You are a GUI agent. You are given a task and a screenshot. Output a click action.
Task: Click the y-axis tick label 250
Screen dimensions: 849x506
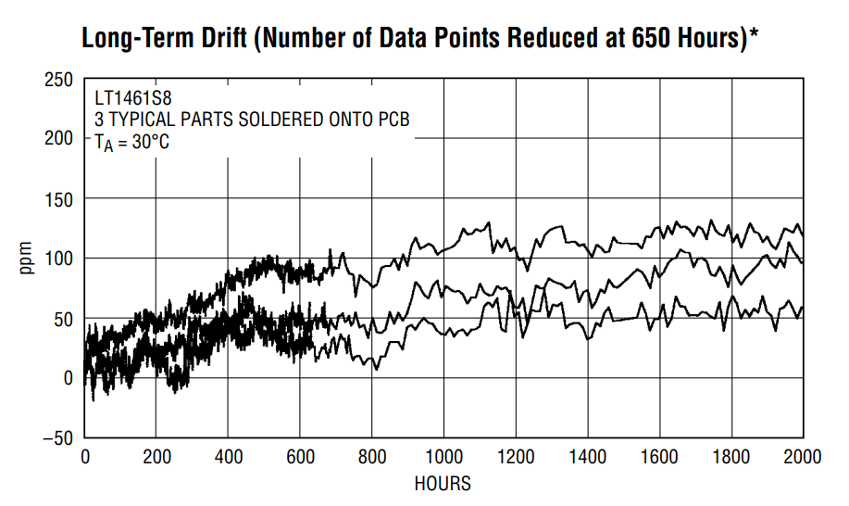click(58, 80)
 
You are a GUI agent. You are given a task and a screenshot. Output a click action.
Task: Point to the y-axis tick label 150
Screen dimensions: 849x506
click(58, 200)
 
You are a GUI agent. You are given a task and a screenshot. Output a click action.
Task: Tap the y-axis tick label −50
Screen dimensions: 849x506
click(57, 438)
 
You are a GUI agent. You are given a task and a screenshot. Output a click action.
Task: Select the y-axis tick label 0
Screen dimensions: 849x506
click(68, 378)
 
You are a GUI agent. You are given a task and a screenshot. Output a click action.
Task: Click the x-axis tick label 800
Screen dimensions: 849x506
click(372, 457)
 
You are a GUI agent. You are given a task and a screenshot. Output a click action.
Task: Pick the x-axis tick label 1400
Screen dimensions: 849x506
click(588, 457)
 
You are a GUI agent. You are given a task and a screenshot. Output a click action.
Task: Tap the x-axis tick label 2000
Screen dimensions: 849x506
click(803, 457)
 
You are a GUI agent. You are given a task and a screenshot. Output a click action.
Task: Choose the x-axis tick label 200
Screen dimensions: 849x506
click(156, 457)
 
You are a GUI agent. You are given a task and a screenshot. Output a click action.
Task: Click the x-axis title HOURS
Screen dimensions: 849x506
click(443, 483)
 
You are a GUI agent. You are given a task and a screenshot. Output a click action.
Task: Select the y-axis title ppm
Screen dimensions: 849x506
click(25, 258)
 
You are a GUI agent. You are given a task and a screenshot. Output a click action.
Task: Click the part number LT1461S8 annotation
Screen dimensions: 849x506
click(133, 98)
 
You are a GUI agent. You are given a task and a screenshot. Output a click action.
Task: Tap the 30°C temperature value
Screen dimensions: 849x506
click(151, 142)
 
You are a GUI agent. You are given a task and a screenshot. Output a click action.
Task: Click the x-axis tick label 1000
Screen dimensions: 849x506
click(443, 457)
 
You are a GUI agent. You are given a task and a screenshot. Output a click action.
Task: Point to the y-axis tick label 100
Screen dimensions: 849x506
click(58, 259)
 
